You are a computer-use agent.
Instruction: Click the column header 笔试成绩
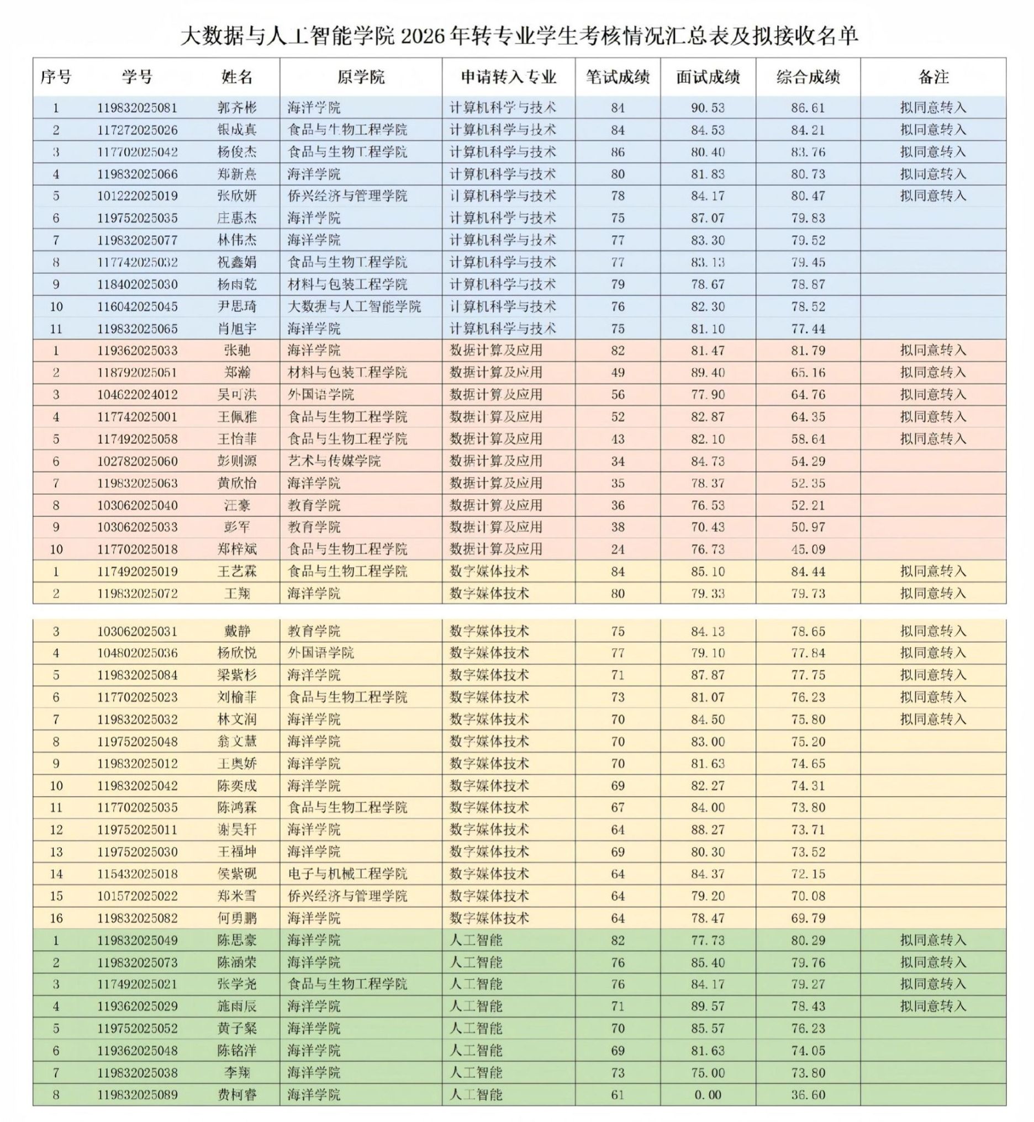click(x=617, y=77)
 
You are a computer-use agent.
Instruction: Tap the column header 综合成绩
click(x=808, y=77)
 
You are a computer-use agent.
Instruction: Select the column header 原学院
click(x=361, y=77)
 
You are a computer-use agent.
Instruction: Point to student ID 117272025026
click(x=137, y=130)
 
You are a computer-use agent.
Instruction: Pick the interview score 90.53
click(x=707, y=107)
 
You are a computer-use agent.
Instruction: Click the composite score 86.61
click(x=808, y=107)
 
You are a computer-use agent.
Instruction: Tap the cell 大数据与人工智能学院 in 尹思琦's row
click(x=354, y=306)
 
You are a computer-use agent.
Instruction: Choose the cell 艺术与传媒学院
click(x=334, y=461)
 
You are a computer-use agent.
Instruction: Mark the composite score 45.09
click(x=808, y=549)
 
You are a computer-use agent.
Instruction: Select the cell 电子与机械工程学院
click(x=347, y=874)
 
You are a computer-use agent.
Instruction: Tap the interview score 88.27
click(x=707, y=829)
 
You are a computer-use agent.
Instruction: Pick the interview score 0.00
click(x=707, y=1094)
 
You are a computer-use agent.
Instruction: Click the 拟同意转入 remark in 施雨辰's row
click(x=933, y=1006)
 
